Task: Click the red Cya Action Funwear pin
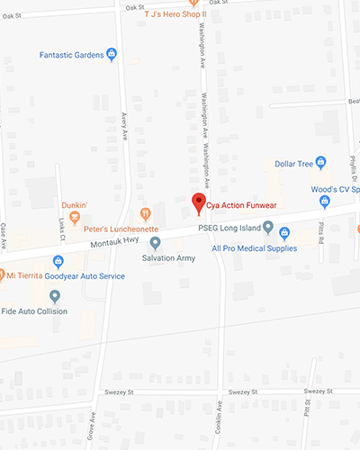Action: coord(199,202)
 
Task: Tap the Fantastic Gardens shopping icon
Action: coord(111,55)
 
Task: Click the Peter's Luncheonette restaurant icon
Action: coord(144,213)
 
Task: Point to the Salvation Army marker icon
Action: coord(155,243)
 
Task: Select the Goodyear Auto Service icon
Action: coord(58,262)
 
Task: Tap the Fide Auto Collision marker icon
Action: coord(55,295)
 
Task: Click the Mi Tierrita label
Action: coord(26,275)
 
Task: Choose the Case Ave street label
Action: coord(4,236)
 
